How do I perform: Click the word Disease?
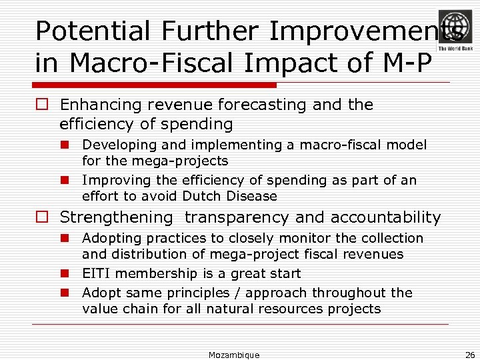(251, 196)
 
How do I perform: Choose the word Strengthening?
(117, 218)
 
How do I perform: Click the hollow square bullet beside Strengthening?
(43, 217)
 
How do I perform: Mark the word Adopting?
(110, 238)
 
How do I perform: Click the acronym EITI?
(96, 273)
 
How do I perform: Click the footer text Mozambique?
(233, 355)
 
